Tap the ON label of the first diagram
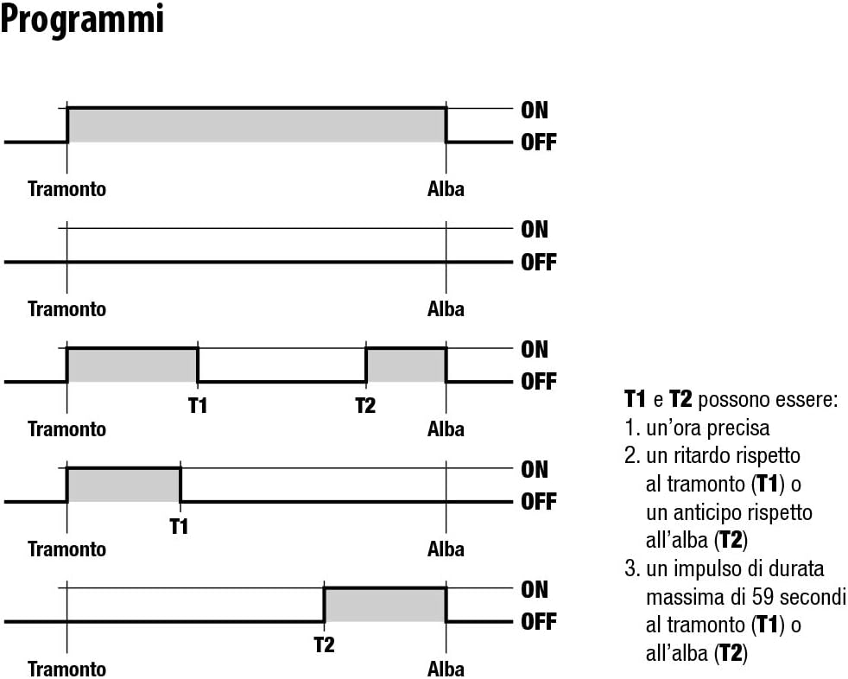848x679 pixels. point(535,111)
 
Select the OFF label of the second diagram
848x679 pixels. point(539,263)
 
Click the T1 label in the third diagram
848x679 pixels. point(198,405)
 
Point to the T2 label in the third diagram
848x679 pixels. point(365,405)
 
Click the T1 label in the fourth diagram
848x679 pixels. point(179,526)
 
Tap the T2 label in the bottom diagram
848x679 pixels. point(324,645)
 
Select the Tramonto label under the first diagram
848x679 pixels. point(66,189)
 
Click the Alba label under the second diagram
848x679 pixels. point(446,309)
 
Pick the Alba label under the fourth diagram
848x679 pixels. point(446,549)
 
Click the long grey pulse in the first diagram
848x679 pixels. point(256,125)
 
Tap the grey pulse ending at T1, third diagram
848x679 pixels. point(132,365)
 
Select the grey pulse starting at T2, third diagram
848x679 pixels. point(406,365)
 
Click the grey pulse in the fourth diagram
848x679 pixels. point(123,485)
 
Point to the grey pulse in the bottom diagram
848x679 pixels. point(385,606)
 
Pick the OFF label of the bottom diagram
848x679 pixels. point(539,622)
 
